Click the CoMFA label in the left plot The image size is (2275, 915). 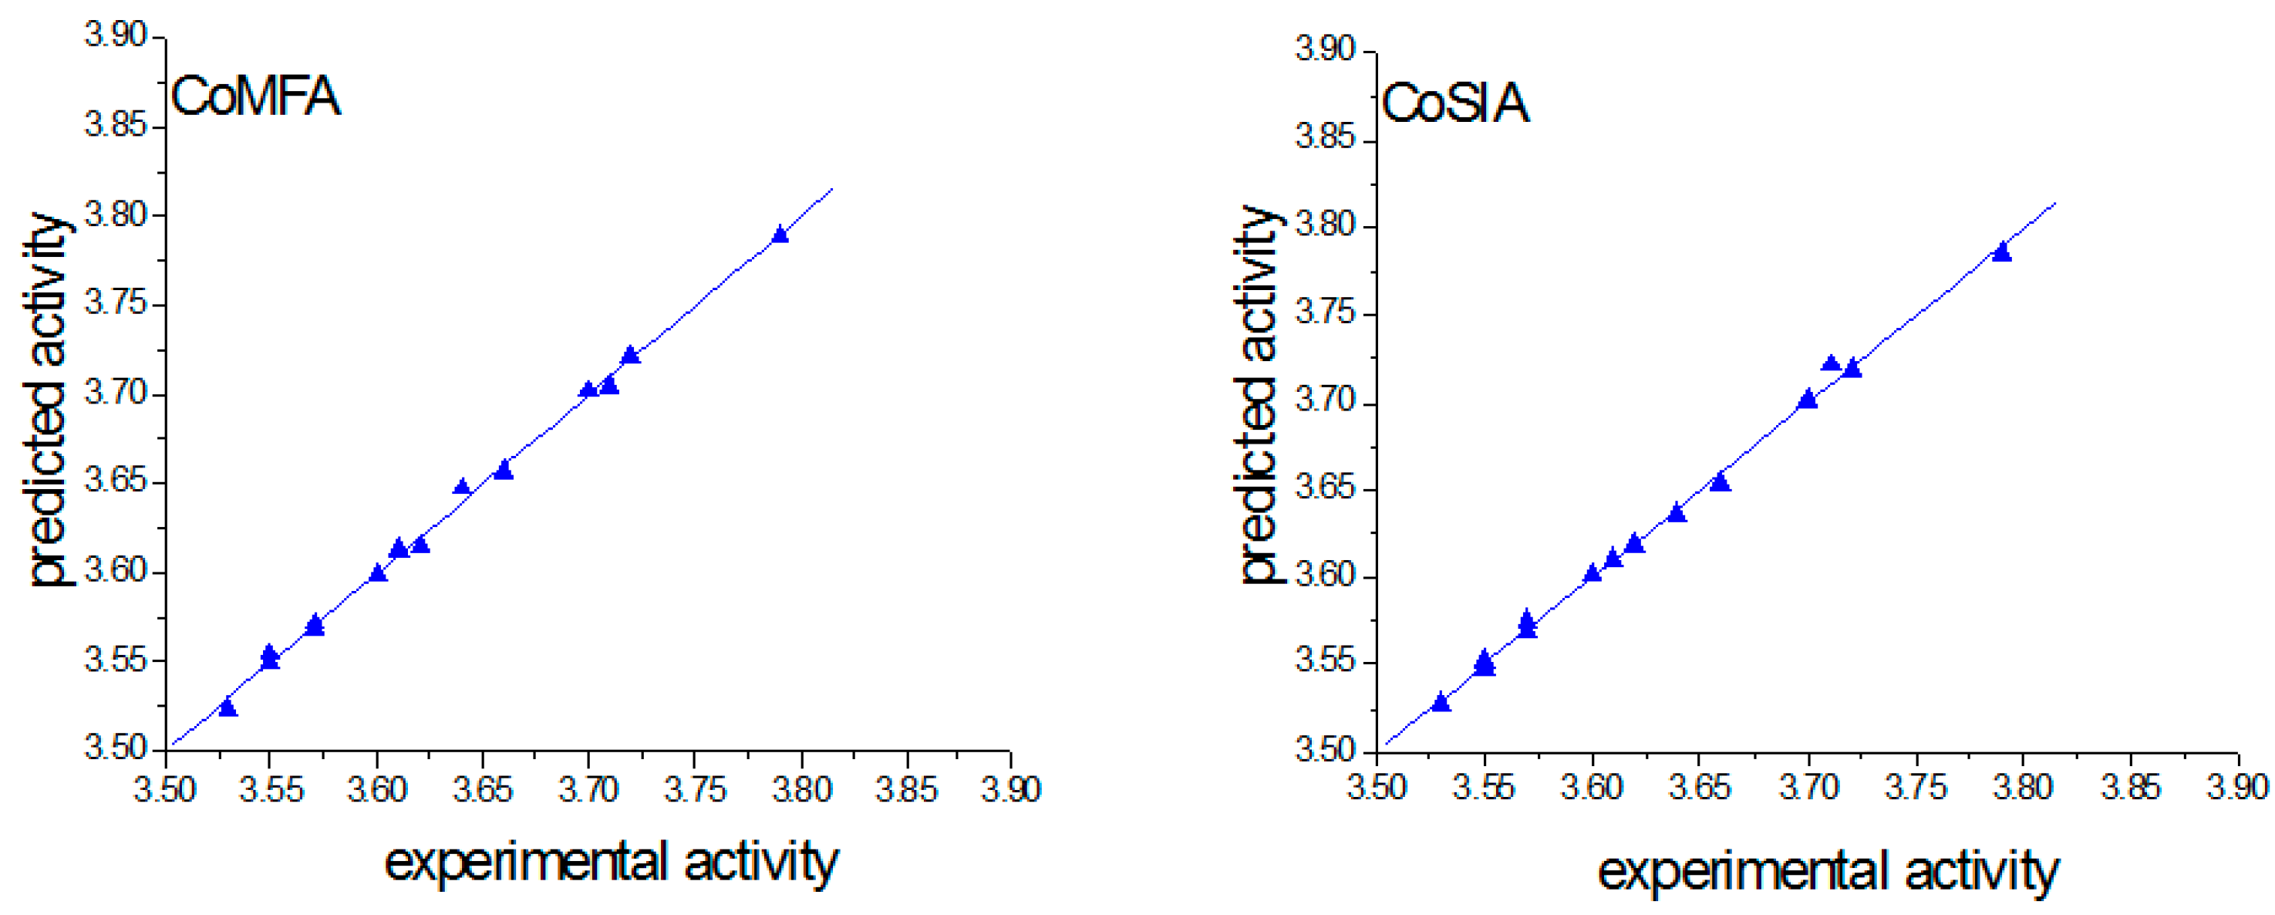click(x=255, y=96)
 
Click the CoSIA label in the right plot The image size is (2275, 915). click(x=1454, y=103)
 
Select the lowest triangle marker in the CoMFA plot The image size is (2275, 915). click(x=228, y=708)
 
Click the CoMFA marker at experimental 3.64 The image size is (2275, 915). click(x=462, y=487)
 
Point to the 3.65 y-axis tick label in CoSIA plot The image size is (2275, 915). click(x=1325, y=488)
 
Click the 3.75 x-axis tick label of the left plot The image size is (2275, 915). click(x=695, y=788)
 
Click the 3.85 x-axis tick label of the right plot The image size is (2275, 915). click(x=2130, y=787)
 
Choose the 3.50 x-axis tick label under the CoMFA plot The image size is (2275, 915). click(x=165, y=788)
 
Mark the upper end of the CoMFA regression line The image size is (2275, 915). click(x=831, y=190)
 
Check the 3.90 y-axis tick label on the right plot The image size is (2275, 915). click(x=1325, y=49)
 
